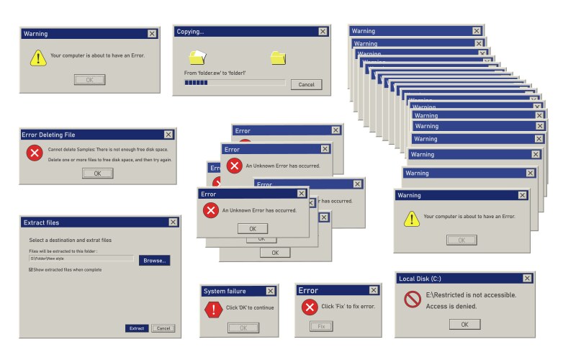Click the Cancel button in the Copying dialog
[x=306, y=85]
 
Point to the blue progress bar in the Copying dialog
[x=197, y=84]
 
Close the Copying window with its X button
[x=323, y=32]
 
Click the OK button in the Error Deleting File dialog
[x=97, y=173]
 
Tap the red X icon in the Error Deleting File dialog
[x=34, y=153]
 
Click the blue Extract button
[x=137, y=328]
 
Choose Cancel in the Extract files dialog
[x=163, y=328]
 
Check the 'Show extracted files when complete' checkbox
[x=31, y=270]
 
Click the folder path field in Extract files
[x=81, y=258]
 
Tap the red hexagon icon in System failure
[x=213, y=310]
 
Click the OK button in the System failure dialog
[x=243, y=328]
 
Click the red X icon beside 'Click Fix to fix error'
[x=310, y=307]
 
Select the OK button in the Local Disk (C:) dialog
[x=464, y=325]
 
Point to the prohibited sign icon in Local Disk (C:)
[x=412, y=300]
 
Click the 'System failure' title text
[x=225, y=291]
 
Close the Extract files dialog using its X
[x=173, y=222]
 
